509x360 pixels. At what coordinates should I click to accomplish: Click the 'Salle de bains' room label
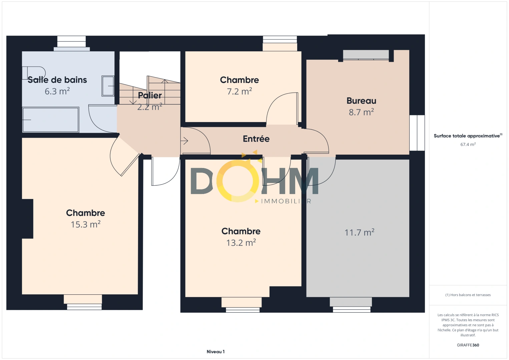(57, 80)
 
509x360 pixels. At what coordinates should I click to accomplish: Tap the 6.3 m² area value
(57, 91)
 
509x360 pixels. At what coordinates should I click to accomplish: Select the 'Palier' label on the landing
(150, 96)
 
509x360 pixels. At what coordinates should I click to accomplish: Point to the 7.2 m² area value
(239, 91)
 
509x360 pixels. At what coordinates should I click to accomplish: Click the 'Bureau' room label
(361, 101)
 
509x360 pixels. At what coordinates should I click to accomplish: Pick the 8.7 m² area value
(361, 112)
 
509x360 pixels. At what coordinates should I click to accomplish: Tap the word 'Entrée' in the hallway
(256, 139)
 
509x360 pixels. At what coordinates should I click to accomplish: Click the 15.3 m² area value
(85, 224)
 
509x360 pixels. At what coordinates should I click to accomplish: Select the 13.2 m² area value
(241, 243)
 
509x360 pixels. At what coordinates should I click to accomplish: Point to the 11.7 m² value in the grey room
(359, 232)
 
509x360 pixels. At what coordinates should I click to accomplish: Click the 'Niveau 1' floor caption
(215, 352)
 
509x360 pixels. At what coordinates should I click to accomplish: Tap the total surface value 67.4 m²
(468, 145)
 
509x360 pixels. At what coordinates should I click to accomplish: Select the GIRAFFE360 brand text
(468, 345)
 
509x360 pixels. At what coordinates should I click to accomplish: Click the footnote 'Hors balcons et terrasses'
(468, 295)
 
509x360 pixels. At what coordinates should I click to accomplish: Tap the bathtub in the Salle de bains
(50, 120)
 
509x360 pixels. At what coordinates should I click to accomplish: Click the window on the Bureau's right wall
(417, 133)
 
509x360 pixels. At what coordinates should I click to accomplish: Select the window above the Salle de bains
(71, 42)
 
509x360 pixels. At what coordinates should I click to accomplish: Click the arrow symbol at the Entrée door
(184, 141)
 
